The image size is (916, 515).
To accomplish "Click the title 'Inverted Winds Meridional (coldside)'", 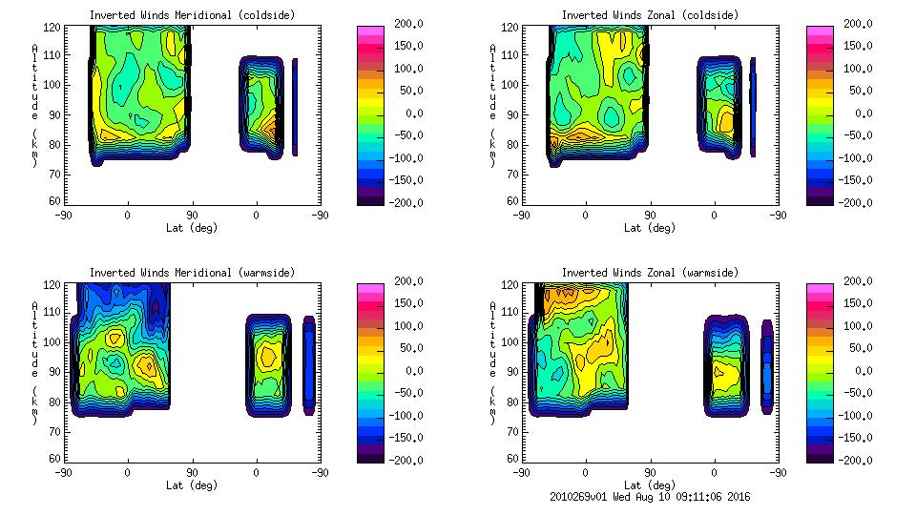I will [x=192, y=15].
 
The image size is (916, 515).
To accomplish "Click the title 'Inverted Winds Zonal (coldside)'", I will [x=650, y=15].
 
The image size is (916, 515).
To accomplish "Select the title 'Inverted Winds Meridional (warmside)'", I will [x=192, y=273].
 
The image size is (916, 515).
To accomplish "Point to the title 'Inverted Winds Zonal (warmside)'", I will [x=650, y=273].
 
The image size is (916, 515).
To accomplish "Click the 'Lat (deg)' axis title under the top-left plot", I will [x=192, y=228].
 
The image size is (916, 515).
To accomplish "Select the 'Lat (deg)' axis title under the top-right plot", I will [x=650, y=228].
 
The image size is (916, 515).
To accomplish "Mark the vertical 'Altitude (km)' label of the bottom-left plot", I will [x=35, y=364].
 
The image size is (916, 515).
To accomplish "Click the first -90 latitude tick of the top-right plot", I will [x=521, y=215].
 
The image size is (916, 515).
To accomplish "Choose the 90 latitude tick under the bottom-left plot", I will [x=192, y=472].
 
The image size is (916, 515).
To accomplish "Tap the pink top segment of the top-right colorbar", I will [x=819, y=33].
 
